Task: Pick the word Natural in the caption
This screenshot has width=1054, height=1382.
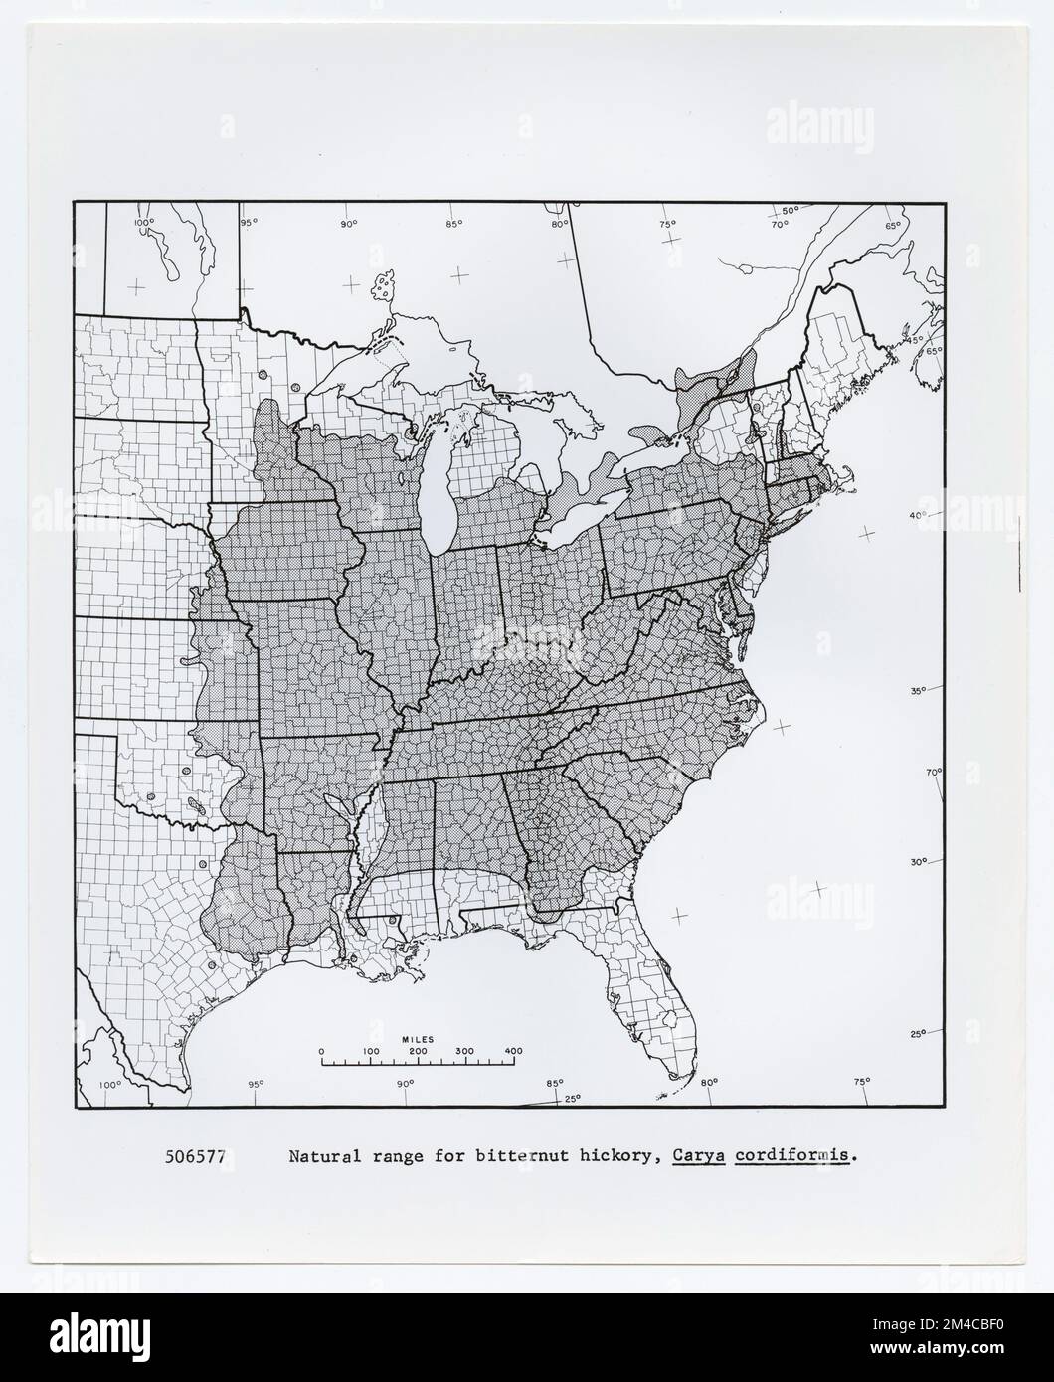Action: coord(321,1157)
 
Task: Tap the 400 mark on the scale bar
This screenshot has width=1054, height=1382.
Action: coord(513,1051)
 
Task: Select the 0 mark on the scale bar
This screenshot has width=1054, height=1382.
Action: coord(320,1051)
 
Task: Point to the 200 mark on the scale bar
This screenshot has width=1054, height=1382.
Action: coord(418,1051)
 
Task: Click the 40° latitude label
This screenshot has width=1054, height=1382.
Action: coord(917,514)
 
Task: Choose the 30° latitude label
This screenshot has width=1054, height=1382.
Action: coord(918,862)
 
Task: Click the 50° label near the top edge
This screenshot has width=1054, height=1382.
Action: coord(790,211)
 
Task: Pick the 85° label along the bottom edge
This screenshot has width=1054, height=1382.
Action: coord(554,1083)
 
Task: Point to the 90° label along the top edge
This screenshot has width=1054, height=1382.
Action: coord(348,223)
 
